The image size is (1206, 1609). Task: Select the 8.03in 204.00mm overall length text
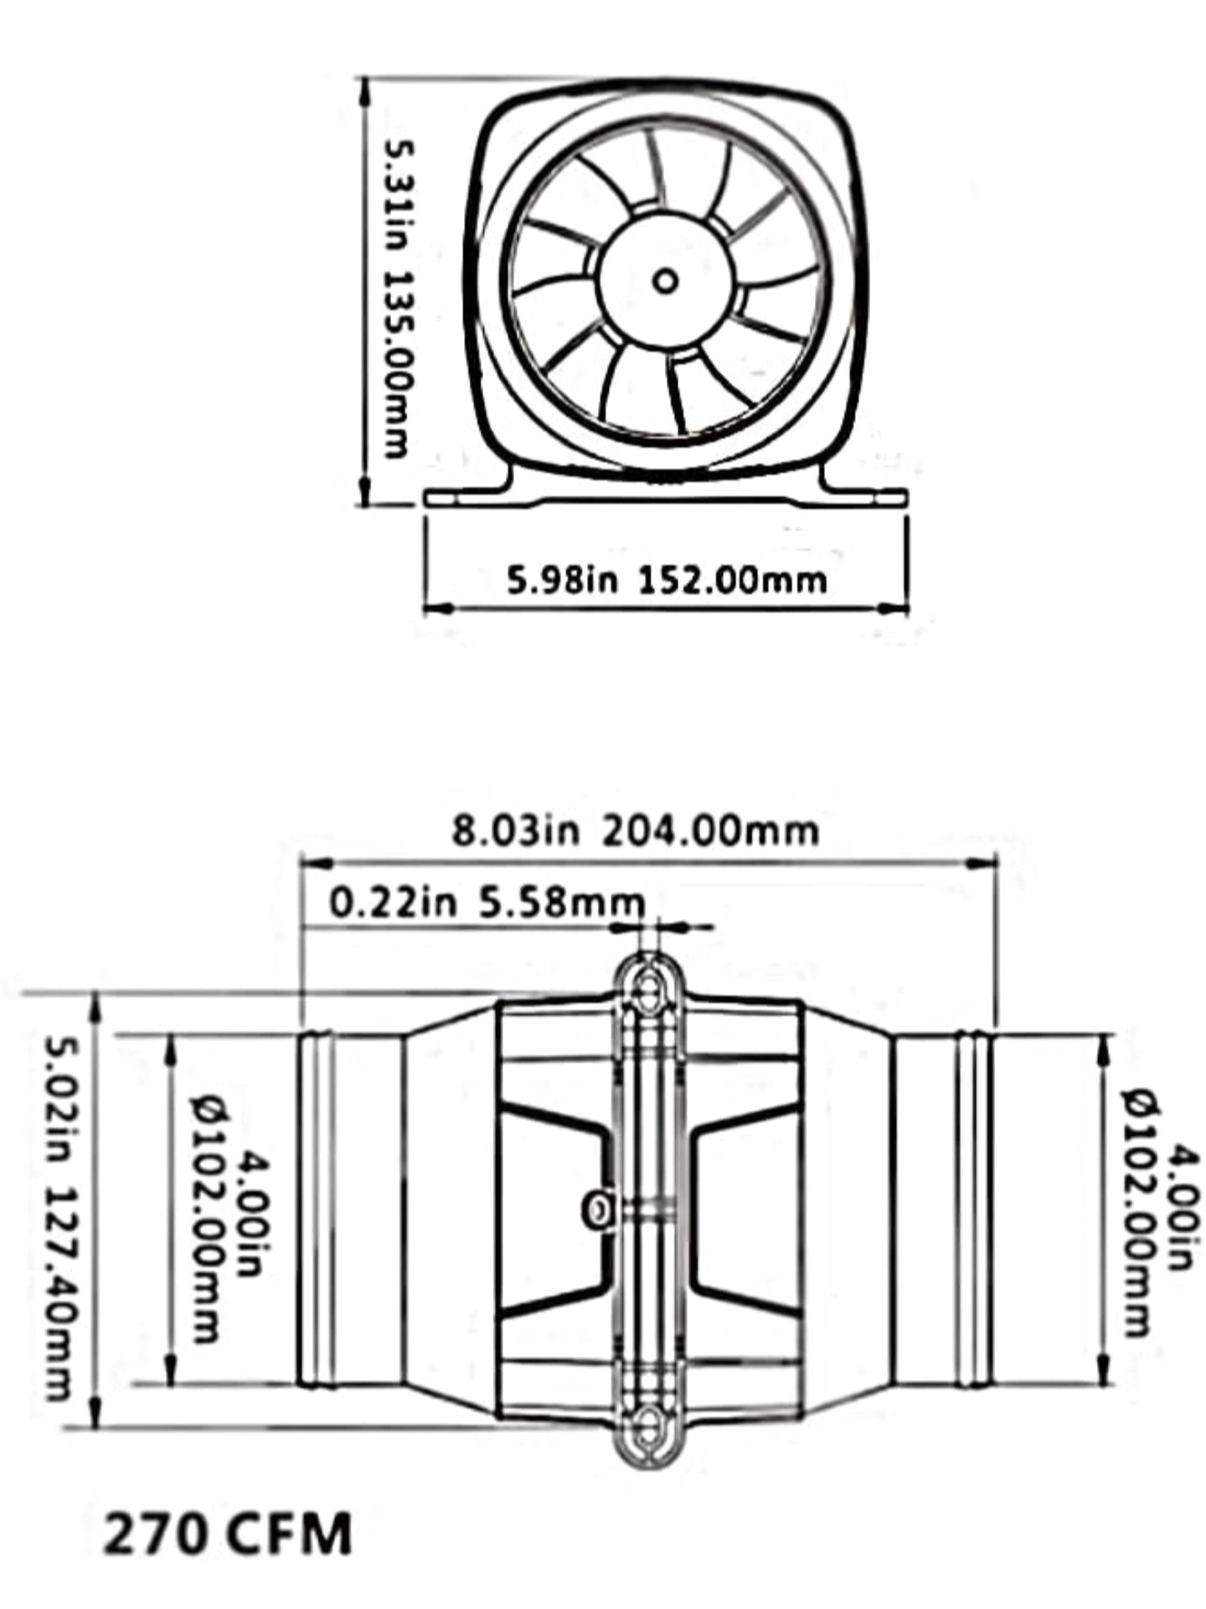point(634,830)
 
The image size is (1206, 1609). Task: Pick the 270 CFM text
point(227,1531)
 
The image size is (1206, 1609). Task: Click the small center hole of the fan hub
point(665,282)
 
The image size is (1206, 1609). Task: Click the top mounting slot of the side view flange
point(646,988)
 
